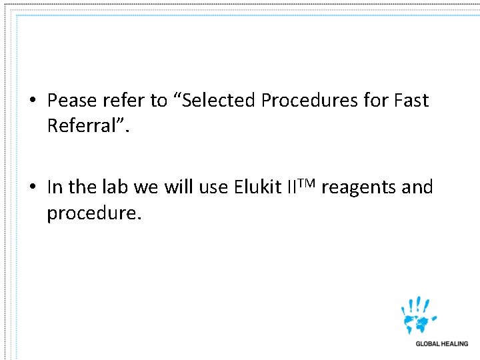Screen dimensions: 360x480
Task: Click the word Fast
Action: click(411, 101)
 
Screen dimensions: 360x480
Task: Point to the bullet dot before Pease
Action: click(32, 101)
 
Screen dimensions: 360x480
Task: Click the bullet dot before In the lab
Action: click(32, 188)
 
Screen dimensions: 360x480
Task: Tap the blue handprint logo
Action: click(419, 315)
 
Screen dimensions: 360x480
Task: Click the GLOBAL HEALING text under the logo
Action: click(442, 344)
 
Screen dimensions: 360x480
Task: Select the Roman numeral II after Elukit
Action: click(291, 187)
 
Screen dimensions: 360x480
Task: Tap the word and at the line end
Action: click(417, 187)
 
